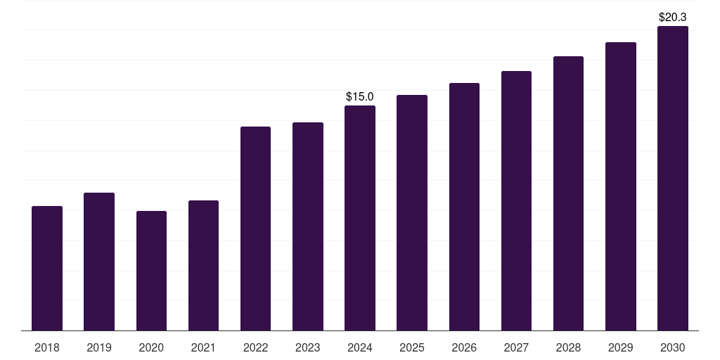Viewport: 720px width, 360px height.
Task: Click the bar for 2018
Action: (x=47, y=269)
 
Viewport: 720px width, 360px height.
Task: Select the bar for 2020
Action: (x=152, y=271)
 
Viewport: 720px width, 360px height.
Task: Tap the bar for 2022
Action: (x=255, y=229)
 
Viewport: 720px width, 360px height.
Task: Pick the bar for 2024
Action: (x=360, y=218)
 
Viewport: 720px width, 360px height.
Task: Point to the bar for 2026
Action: (x=464, y=207)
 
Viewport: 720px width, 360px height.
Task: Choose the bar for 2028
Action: (x=568, y=193)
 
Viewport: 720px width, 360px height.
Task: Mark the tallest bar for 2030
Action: (x=673, y=178)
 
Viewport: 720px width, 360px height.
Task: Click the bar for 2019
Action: (x=99, y=262)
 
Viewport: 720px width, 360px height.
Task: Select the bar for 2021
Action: (x=203, y=265)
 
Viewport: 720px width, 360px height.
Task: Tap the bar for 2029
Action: (x=621, y=186)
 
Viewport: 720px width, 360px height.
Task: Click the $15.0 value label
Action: (x=360, y=97)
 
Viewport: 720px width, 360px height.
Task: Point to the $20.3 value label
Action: (x=673, y=18)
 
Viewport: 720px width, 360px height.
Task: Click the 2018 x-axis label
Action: (x=47, y=348)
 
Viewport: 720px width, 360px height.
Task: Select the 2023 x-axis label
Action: (x=308, y=348)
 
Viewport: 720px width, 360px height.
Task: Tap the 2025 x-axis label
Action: (x=412, y=348)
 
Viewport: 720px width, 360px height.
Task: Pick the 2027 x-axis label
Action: (x=516, y=348)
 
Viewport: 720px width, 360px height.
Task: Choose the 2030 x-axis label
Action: (x=673, y=348)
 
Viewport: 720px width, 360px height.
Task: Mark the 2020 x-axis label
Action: (x=151, y=348)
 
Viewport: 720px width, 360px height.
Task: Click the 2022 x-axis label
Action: (x=255, y=348)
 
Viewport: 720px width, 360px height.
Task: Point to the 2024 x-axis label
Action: (x=360, y=348)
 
